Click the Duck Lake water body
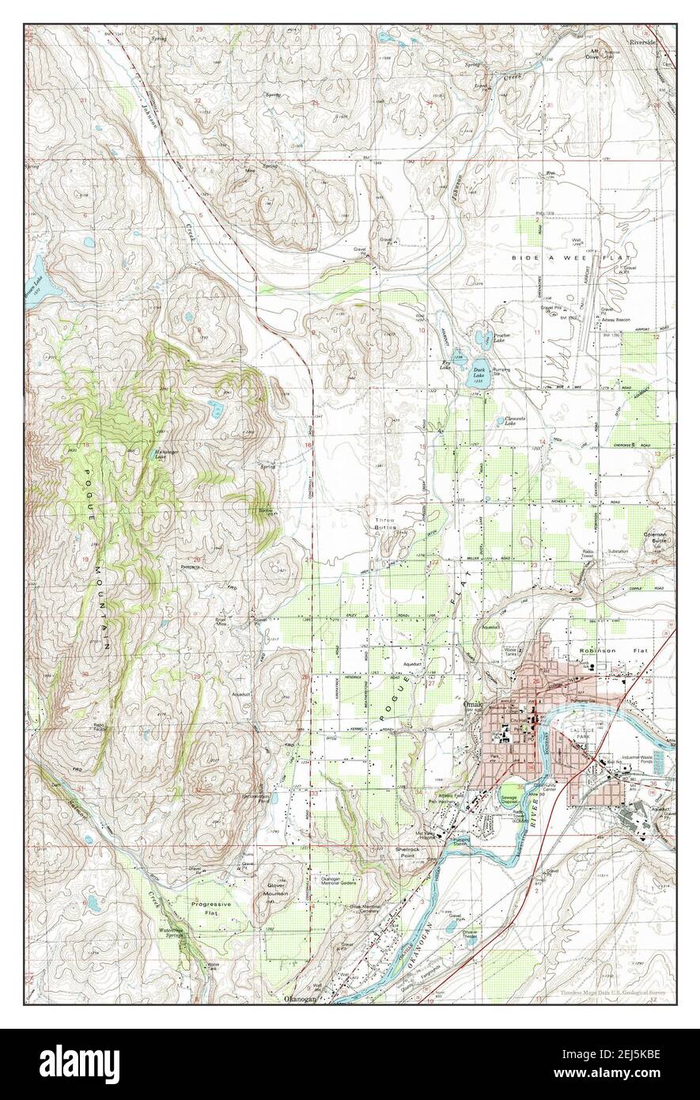point(480,378)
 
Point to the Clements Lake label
point(515,422)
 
